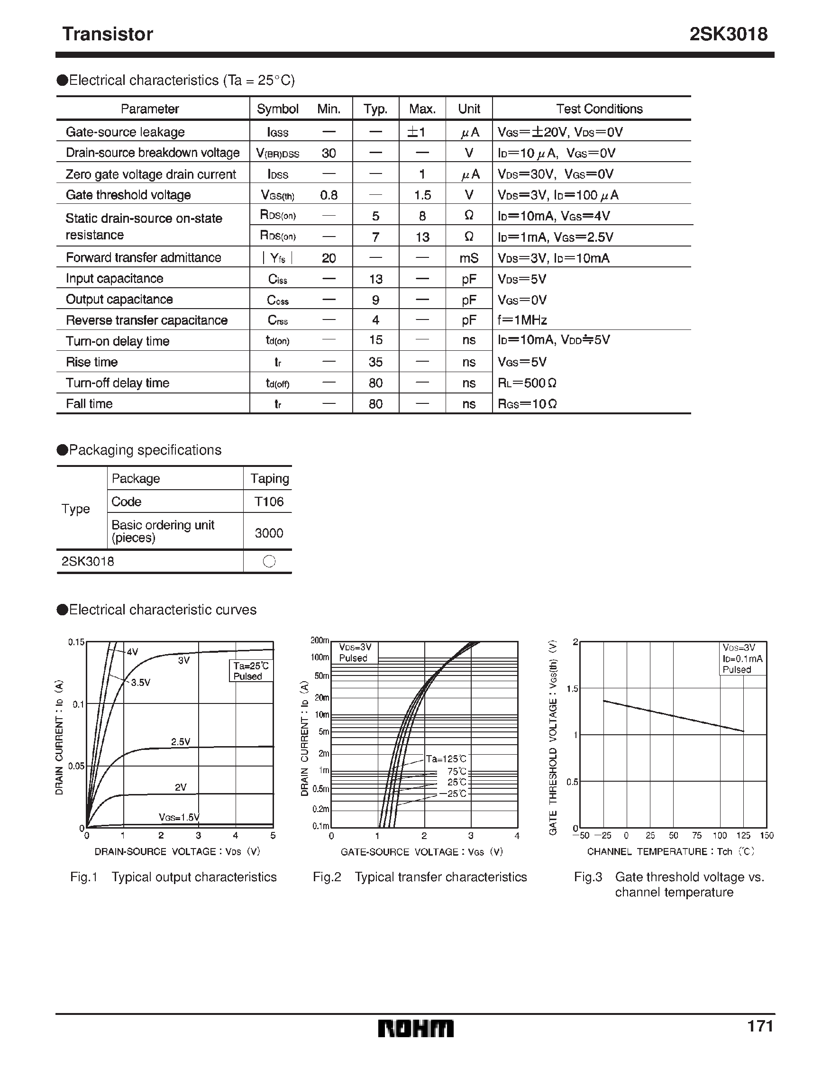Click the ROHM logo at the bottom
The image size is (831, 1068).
tap(416, 1028)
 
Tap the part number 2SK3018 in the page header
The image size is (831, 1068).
tap(728, 34)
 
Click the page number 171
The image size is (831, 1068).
tap(760, 1026)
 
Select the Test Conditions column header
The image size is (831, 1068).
tap(599, 109)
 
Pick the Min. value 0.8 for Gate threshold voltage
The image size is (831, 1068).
tap(329, 195)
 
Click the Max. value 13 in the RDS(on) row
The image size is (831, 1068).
tap(422, 237)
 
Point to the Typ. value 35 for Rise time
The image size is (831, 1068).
tap(375, 362)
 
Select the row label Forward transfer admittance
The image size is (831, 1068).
tap(143, 258)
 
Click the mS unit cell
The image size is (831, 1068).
tap(468, 258)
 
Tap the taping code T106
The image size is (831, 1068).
tap(269, 502)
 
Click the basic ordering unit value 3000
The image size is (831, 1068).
tap(269, 532)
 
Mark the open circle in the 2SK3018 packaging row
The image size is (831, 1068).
tap(269, 561)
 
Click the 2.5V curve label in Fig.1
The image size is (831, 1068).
tap(181, 742)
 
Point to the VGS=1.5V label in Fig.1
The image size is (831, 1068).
tap(179, 817)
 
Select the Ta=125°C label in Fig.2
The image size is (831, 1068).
tap(446, 758)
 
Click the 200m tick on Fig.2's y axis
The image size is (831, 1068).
tap(320, 640)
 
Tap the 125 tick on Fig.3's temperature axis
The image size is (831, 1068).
tap(743, 836)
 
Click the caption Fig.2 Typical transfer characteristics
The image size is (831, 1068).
tap(420, 877)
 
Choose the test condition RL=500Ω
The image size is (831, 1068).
tap(527, 383)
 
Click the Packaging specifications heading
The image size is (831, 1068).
tap(145, 450)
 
